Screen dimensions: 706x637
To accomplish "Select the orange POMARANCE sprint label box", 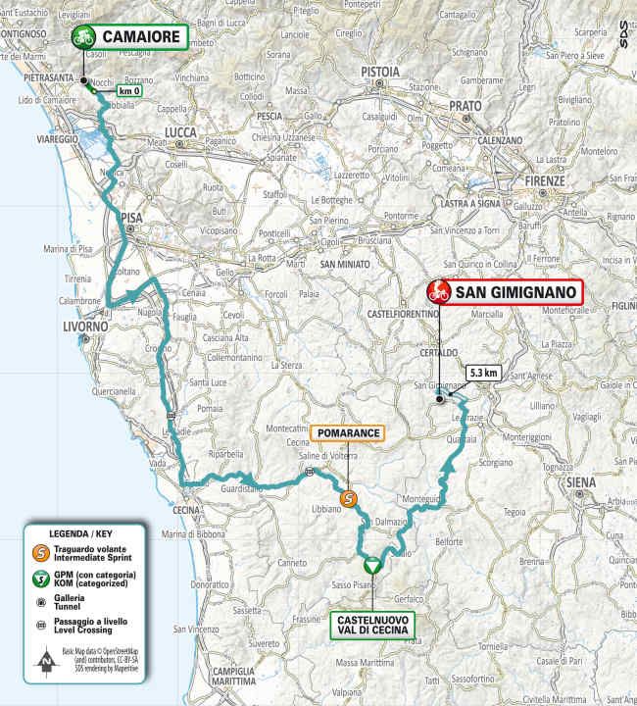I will pos(347,433).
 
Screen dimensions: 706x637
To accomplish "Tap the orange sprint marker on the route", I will pos(347,499).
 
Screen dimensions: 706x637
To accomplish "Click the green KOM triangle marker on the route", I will pos(371,566).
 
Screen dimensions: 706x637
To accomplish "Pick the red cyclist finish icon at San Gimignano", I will pos(438,291).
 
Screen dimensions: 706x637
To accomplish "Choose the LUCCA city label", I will pos(180,132).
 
